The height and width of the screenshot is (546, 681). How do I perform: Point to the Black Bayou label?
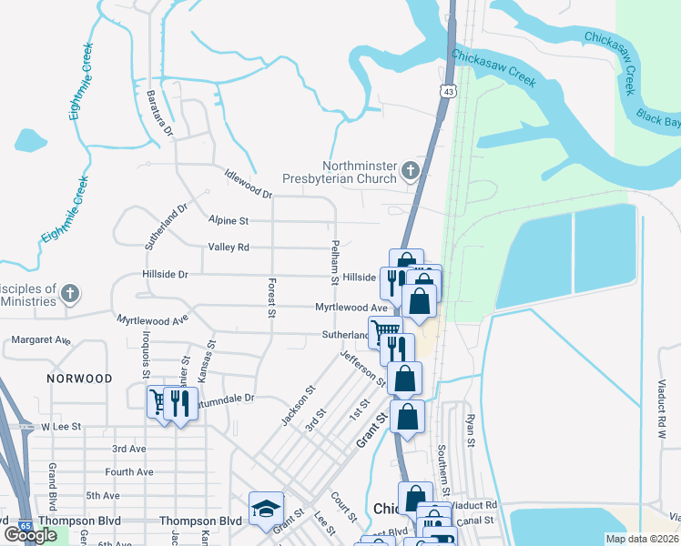658,117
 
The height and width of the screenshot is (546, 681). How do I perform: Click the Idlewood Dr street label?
249,183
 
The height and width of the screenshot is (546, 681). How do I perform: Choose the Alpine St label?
228,221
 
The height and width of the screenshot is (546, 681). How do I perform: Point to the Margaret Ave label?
41,340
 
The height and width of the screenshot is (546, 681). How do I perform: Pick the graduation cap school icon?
266,508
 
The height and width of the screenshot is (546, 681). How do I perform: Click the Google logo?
30,535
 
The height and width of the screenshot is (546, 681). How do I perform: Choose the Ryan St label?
471,430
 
